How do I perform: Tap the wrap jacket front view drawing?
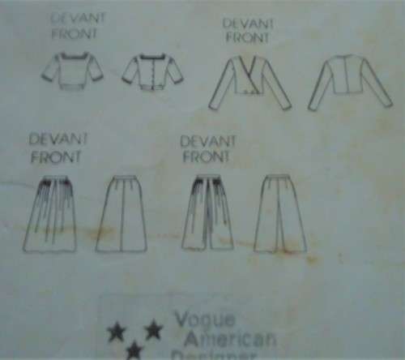(x=249, y=82)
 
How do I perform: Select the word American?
(x=229, y=338)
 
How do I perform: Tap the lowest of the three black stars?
(x=134, y=350)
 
